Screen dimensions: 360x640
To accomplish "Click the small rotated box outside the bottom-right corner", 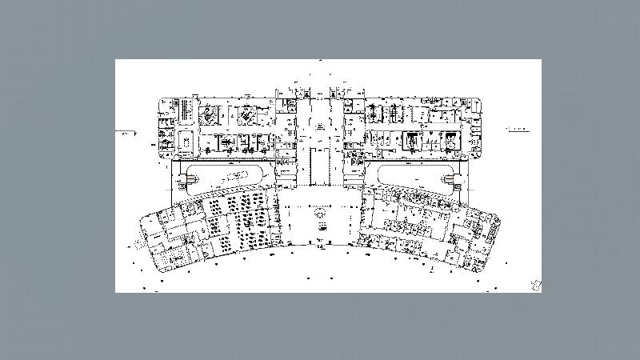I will [537, 283].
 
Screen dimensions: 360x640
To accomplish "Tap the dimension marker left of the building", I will [123, 131].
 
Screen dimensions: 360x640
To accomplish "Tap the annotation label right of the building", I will [517, 128].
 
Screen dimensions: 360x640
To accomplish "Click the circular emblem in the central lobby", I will [320, 214].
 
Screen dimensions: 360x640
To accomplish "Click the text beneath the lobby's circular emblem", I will [320, 226].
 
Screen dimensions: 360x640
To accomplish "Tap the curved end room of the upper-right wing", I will [477, 128].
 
